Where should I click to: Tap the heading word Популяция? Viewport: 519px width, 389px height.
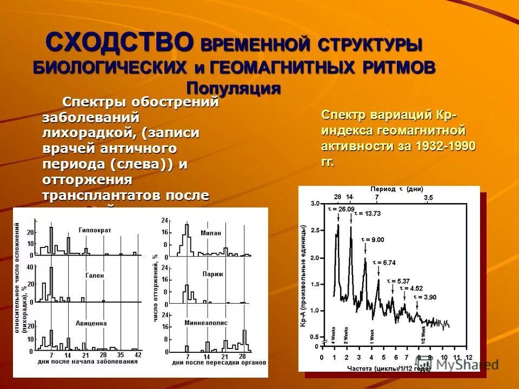click(x=234, y=88)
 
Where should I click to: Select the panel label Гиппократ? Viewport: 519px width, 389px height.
click(x=95, y=230)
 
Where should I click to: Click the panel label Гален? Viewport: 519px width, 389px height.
click(x=94, y=275)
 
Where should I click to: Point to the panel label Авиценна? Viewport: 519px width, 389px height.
click(x=91, y=323)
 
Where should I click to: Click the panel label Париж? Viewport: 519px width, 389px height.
click(x=211, y=274)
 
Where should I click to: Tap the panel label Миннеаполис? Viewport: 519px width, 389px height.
click(x=205, y=323)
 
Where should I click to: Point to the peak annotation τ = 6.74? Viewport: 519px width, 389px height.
click(x=384, y=262)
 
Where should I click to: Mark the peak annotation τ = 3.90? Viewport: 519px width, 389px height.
click(x=425, y=297)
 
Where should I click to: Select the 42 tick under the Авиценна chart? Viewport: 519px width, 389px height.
click(x=138, y=354)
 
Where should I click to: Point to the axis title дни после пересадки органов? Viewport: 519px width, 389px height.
click(x=219, y=362)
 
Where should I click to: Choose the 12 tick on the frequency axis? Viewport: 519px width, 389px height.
click(x=469, y=358)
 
